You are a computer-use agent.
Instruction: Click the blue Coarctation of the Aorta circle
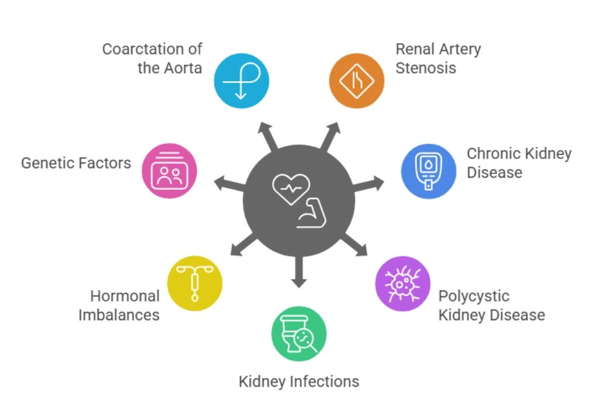(241, 81)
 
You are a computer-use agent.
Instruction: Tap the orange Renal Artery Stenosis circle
(357, 81)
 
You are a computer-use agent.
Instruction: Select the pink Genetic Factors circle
(169, 171)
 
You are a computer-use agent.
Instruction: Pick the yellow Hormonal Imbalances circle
(194, 283)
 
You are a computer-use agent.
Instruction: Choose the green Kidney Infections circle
(299, 334)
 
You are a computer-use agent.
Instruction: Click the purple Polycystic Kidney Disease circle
(402, 283)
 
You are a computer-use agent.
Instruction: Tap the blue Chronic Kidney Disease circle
(428, 171)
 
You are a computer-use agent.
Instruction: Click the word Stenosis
(425, 67)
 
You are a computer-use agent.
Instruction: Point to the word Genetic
(48, 162)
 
